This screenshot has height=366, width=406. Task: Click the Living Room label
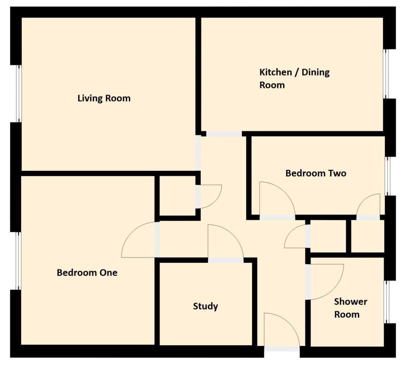pyautogui.click(x=104, y=98)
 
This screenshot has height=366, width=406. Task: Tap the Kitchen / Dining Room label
pyautogui.click(x=294, y=78)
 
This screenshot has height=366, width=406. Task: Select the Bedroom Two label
pyautogui.click(x=316, y=173)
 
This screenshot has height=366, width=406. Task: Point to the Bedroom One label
pyautogui.click(x=87, y=272)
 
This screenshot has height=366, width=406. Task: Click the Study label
pyautogui.click(x=205, y=306)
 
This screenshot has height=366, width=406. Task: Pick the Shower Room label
pyautogui.click(x=350, y=308)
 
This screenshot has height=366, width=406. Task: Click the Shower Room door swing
pyautogui.click(x=324, y=281)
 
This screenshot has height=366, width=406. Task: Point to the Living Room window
pyautogui.click(x=19, y=93)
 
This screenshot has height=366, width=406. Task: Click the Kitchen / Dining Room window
pyautogui.click(x=386, y=74)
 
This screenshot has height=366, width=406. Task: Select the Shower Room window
pyautogui.click(x=387, y=302)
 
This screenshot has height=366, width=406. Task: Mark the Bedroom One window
pyautogui.click(x=19, y=261)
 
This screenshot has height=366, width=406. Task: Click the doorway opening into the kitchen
pyautogui.click(x=224, y=134)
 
